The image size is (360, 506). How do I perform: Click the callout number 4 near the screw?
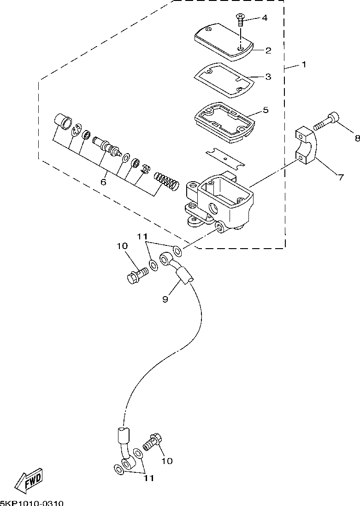point(265,18)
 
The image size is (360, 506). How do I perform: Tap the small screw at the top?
point(240,20)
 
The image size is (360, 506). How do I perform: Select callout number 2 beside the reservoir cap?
point(268,50)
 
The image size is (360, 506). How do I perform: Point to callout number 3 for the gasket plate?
point(268,77)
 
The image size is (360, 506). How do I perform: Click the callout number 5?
point(266,110)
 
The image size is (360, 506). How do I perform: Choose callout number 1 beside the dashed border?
point(304,65)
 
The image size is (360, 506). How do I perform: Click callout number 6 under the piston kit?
point(103,182)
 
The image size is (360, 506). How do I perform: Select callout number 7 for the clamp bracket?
point(341,177)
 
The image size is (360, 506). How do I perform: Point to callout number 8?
point(357,138)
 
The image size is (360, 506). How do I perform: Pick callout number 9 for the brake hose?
point(165,300)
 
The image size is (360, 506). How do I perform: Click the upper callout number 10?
point(123,246)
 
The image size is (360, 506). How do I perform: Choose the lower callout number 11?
point(149,478)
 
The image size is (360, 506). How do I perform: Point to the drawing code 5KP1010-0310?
point(32,503)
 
